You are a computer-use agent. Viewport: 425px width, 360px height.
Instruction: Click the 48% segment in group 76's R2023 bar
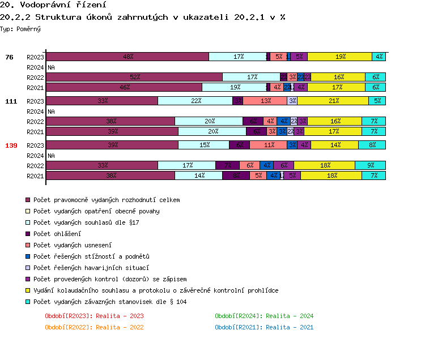tap(127, 57)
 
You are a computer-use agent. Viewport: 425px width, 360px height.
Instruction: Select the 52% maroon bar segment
tap(134, 77)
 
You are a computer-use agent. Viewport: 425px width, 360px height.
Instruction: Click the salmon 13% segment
tap(265, 101)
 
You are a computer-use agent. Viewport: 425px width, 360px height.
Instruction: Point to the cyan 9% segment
tap(370, 165)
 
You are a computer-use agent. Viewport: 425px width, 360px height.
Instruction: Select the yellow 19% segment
tap(339, 57)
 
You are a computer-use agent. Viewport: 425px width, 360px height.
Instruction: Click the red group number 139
tap(11, 145)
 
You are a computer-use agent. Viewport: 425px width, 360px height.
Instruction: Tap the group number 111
tap(11, 101)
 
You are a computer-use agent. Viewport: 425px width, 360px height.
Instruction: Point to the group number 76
tap(9, 57)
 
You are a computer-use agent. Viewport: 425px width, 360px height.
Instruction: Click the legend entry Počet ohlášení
tap(57, 234)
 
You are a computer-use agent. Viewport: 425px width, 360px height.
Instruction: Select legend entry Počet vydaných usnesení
tap(72, 245)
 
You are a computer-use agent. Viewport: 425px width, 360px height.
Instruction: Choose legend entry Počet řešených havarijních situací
tap(91, 268)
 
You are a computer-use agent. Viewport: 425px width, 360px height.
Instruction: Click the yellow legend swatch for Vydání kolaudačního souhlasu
tap(27, 290)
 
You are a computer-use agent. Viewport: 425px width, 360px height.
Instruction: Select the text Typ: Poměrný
tap(20, 28)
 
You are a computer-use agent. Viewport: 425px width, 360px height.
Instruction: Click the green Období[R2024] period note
tap(264, 316)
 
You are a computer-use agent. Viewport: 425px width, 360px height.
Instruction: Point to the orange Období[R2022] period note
tap(94, 327)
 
